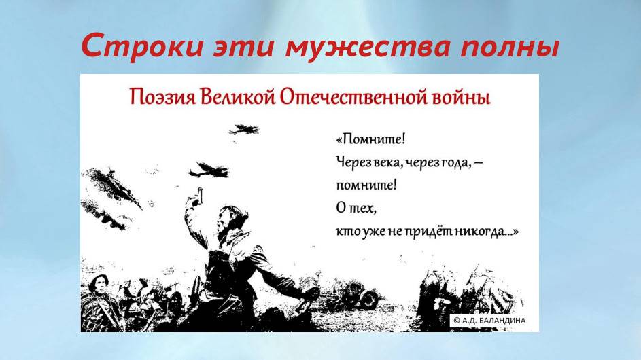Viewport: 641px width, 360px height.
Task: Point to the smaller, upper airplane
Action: click(x=243, y=128)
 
